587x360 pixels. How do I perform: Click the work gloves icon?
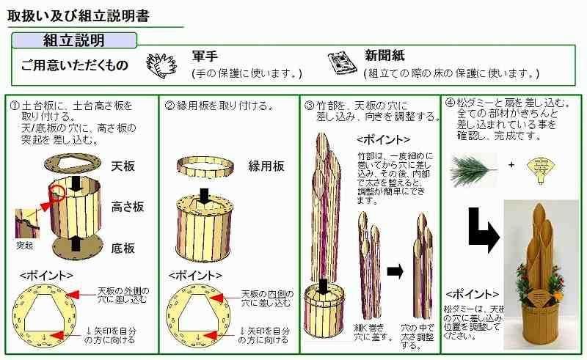pos(161,65)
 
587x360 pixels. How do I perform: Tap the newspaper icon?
pos(342,62)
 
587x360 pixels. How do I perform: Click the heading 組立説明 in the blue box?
pos(74,40)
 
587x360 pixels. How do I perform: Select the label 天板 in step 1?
pos(123,166)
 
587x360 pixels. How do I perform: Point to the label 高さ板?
pos(128,207)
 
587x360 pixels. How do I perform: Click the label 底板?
pos(123,248)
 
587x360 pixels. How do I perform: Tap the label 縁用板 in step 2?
pos(266,166)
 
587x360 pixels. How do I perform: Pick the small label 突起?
pos(25,246)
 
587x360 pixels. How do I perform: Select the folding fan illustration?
pos(541,169)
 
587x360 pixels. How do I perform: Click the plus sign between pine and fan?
pos(511,165)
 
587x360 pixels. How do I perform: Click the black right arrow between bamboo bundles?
pos(395,272)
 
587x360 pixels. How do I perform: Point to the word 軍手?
pos(205,56)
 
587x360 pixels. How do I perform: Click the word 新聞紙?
pos(384,56)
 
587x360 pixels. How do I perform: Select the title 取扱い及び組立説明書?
pos(79,15)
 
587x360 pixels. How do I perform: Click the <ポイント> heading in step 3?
pos(383,140)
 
